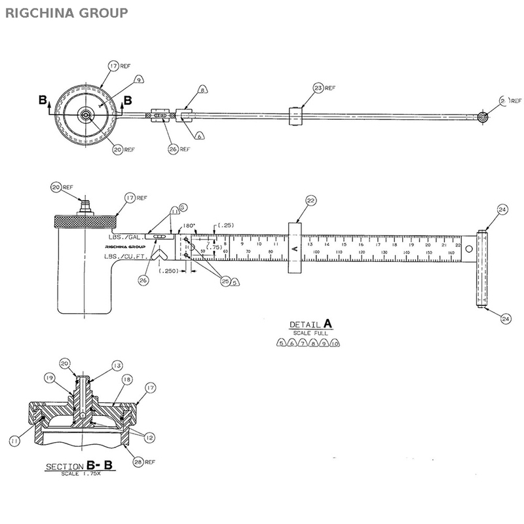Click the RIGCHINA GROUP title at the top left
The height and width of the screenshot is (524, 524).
[x=67, y=12]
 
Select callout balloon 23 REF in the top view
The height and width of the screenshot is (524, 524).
[x=318, y=88]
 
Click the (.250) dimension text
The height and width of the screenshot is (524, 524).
[x=168, y=270]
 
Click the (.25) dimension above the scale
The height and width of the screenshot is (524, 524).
[x=225, y=225]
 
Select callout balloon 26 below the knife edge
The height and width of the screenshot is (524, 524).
[x=143, y=280]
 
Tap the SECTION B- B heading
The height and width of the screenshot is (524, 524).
[x=79, y=466]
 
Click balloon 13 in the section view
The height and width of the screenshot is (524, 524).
[x=117, y=365]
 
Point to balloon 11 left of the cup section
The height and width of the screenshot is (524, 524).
[x=14, y=442]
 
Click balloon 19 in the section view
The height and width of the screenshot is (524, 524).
[x=49, y=377]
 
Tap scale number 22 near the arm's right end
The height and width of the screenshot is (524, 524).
[x=458, y=244]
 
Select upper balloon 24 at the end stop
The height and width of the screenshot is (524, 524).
[x=502, y=210]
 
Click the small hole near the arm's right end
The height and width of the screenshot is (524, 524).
[x=469, y=248]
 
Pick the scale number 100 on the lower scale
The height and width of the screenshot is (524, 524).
[x=316, y=252]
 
